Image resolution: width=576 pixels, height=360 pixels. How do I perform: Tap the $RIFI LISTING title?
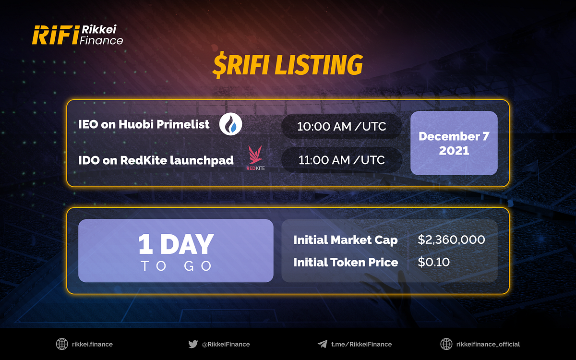click(287, 65)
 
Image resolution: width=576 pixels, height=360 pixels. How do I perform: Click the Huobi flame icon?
click(230, 125)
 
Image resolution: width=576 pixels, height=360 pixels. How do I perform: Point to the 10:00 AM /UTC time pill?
click(341, 126)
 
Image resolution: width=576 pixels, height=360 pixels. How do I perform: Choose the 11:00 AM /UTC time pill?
click(341, 160)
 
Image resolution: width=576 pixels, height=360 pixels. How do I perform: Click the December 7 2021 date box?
click(454, 143)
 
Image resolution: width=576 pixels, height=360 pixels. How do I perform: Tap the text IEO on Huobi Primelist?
click(144, 124)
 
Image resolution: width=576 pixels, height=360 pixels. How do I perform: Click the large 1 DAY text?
click(176, 244)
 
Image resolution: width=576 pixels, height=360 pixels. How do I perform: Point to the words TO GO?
click(176, 266)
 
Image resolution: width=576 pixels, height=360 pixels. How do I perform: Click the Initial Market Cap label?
click(345, 240)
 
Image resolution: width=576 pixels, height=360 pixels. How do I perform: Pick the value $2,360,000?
click(451, 240)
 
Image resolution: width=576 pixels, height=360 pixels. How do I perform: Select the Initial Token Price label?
click(346, 262)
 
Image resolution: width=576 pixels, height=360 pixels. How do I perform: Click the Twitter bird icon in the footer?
click(193, 344)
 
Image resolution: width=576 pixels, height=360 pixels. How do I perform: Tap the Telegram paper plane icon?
click(322, 344)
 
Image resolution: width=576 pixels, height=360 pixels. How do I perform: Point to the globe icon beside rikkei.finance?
click(61, 344)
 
